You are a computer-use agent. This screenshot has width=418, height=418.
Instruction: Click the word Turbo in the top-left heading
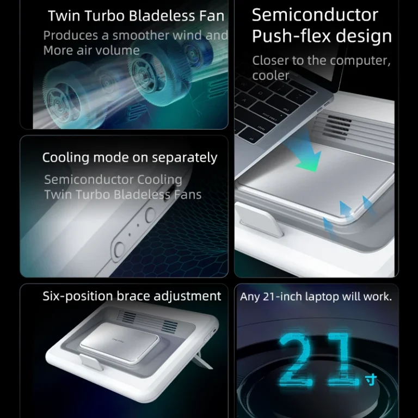pyautogui.click(x=104, y=16)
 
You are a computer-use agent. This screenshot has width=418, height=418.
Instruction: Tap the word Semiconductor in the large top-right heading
pyautogui.click(x=315, y=15)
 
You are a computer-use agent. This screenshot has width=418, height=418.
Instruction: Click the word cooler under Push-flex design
pyautogui.click(x=271, y=76)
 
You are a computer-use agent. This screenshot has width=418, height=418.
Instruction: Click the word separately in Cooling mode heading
pyautogui.click(x=185, y=157)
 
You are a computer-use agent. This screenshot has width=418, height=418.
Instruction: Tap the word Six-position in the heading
pyautogui.click(x=78, y=296)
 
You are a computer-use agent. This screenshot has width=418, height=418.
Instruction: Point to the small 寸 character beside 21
pyautogui.click(x=371, y=379)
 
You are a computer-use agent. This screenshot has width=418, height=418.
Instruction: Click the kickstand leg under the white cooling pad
pyautogui.click(x=204, y=360)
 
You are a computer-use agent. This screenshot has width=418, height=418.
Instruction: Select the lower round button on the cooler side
pyautogui.click(x=119, y=249)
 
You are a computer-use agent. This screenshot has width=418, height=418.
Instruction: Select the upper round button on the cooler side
pyautogui.click(x=150, y=215)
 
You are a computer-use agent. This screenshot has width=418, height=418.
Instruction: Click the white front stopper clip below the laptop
pyautogui.click(x=258, y=219)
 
